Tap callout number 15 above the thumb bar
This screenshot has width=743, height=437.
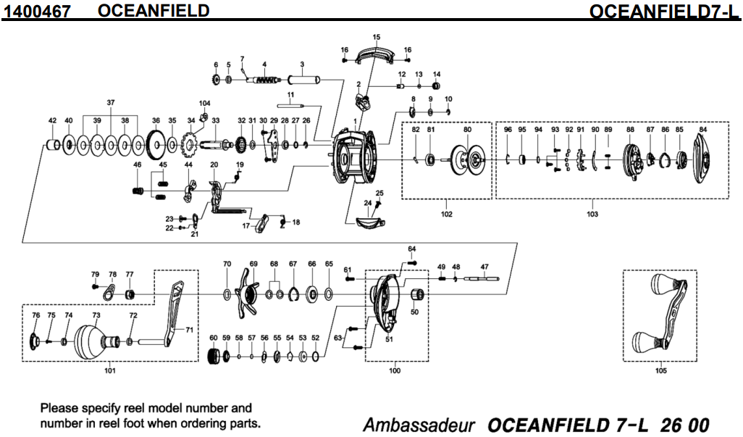376,37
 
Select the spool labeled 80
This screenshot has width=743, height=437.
468,159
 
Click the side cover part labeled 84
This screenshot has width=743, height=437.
702,160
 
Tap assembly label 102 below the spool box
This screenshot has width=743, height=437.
446,215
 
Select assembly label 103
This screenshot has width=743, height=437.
592,215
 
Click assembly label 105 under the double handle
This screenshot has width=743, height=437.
660,371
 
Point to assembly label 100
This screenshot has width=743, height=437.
394,371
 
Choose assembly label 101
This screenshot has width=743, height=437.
109,371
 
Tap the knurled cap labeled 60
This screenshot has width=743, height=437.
214,356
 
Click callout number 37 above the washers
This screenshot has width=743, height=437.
110,103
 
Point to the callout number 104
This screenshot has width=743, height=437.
204,104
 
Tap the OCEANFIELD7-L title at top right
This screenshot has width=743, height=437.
666,12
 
